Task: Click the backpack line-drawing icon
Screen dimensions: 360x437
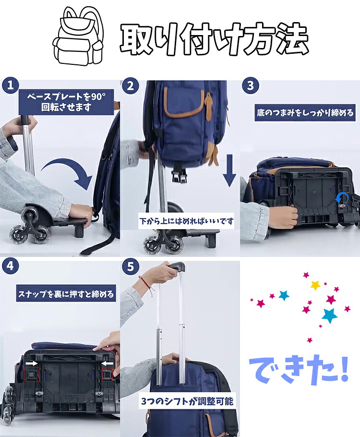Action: [x=79, y=36]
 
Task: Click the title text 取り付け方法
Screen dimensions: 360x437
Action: [x=215, y=38]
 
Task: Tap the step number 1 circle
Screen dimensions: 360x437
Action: [x=10, y=85]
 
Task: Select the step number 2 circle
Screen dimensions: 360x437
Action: [x=131, y=85]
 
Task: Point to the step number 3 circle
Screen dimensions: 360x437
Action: [x=251, y=85]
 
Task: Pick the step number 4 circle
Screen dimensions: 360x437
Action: [x=10, y=266]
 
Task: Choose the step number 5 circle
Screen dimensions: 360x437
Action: [x=131, y=267]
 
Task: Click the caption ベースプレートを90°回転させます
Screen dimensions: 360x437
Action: [x=66, y=102]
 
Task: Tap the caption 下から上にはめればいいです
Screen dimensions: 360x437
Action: [x=186, y=221]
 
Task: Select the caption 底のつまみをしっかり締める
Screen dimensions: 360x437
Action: [x=305, y=112]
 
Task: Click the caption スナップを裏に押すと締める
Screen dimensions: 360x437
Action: [x=66, y=294]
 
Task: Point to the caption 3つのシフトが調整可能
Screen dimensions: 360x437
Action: [x=187, y=401]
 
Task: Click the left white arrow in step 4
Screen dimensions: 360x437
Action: [x=32, y=363]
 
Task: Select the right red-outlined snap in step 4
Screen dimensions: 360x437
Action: [x=107, y=374]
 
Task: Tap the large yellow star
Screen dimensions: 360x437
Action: [x=315, y=285]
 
